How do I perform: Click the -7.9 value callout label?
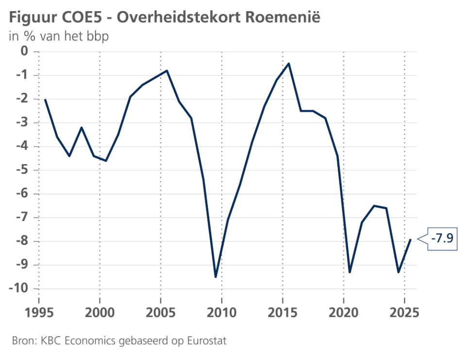(442, 239)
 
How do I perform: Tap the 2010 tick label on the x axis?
(222, 313)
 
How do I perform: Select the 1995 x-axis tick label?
(39, 313)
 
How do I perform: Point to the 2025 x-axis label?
(404, 313)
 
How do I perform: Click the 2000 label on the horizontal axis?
(100, 313)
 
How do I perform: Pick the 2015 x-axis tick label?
(283, 313)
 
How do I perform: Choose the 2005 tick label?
(161, 313)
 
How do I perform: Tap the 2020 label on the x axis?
(344, 313)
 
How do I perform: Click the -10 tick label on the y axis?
(18, 288)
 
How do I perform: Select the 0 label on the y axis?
(24, 51)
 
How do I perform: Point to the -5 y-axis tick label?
(22, 170)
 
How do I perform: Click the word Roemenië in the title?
(283, 17)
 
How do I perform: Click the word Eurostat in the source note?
(207, 341)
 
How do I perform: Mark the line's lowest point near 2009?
(216, 277)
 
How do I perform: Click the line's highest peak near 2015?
(288, 63)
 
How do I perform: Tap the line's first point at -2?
(45, 100)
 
